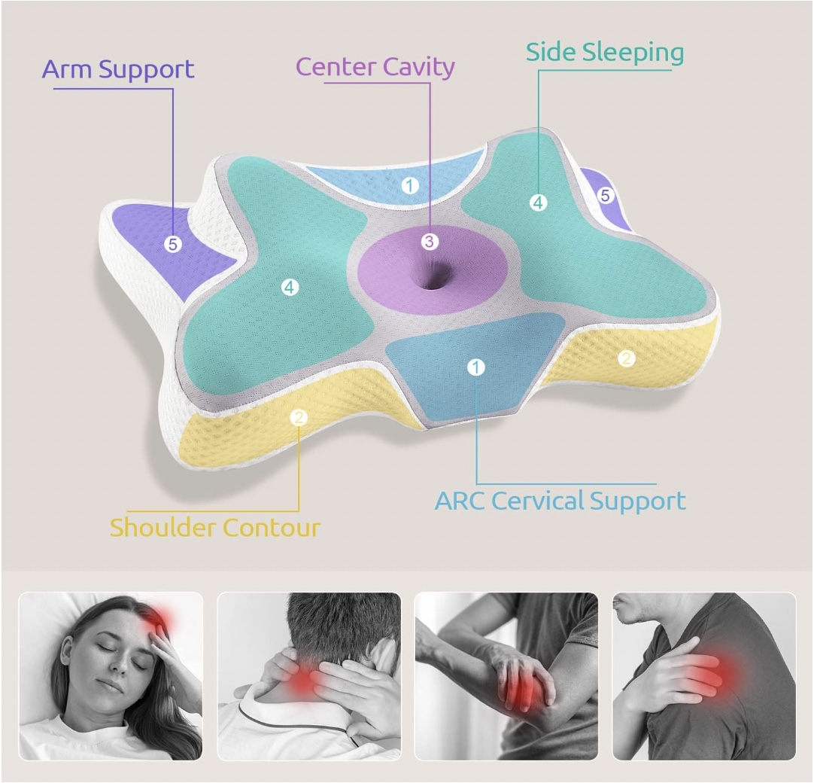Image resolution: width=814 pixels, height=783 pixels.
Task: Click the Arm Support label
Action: [x=118, y=69]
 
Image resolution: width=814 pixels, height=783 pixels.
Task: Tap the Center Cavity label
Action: [x=375, y=66]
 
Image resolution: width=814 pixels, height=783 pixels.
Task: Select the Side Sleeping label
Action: [x=605, y=52]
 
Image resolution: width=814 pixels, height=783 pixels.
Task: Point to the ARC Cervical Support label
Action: [x=560, y=501]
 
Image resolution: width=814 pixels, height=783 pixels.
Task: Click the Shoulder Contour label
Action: [x=215, y=527]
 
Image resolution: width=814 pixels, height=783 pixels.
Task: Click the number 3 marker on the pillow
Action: [x=429, y=242]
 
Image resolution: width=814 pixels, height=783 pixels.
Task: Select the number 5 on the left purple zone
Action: [x=173, y=244]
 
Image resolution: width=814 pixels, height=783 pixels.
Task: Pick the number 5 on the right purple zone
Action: [x=606, y=196]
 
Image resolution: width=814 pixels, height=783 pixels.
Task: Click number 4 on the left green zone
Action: [x=290, y=287]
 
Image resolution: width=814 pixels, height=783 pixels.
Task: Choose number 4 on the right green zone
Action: [x=537, y=202]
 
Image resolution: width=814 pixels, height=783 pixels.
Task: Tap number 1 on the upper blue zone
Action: [x=409, y=184]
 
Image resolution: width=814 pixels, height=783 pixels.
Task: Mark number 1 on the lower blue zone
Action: [x=475, y=367]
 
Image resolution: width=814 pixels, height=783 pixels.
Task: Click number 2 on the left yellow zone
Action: [x=299, y=417]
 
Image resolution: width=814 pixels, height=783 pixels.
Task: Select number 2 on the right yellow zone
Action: [x=626, y=359]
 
